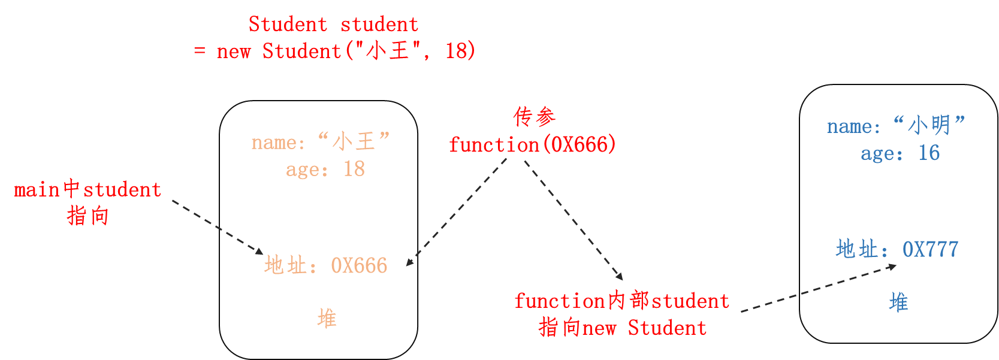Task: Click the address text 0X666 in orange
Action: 359,265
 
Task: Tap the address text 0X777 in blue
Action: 930,249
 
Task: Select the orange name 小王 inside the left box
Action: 353,142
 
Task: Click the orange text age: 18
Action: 325,170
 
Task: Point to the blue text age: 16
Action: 900,153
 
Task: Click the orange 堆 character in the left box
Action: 327,318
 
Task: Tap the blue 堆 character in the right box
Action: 898,302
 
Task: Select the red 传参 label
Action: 534,117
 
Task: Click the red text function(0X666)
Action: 532,145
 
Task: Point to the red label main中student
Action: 87,190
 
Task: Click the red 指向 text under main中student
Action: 87,216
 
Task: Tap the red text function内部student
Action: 621,301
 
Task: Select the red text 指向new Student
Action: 622,328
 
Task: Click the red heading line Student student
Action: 333,25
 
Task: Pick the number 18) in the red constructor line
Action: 460,52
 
